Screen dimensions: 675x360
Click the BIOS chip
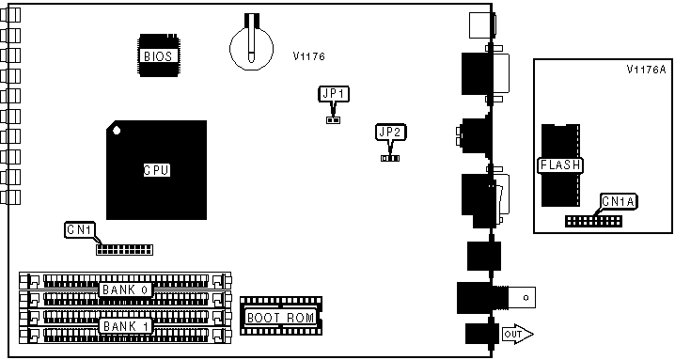(158, 55)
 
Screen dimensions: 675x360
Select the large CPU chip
(156, 170)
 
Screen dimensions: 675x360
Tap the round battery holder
(251, 48)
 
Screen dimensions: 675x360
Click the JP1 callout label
(334, 94)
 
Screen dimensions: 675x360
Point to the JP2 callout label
(390, 133)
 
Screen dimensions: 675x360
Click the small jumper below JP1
(333, 120)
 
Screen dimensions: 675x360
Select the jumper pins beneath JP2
(390, 158)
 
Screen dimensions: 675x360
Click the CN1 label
(80, 229)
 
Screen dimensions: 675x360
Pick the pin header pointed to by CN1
(124, 250)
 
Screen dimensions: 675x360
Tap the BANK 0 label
(126, 290)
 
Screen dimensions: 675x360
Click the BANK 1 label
(126, 326)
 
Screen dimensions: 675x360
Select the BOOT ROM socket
(281, 316)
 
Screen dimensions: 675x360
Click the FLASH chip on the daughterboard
(560, 165)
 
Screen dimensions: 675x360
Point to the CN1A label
(619, 201)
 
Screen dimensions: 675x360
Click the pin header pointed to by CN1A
(593, 221)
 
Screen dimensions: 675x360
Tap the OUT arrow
(518, 335)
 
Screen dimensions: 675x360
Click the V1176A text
(646, 70)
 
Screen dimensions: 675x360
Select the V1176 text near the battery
(308, 56)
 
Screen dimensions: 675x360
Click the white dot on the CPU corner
(117, 131)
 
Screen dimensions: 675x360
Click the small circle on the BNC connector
(526, 298)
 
